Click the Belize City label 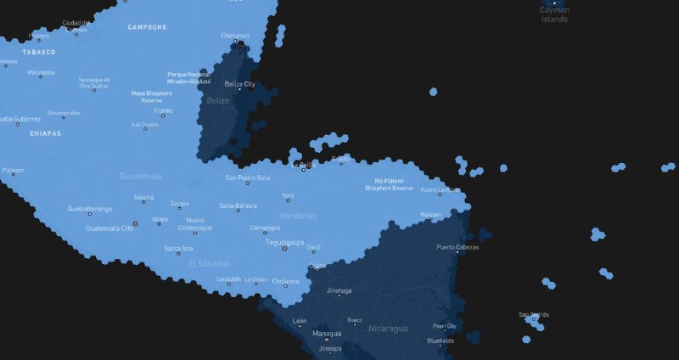239,84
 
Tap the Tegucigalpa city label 285,242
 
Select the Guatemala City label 109,228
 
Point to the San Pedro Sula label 247,178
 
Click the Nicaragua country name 388,328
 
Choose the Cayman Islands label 554,14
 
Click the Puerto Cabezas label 457,248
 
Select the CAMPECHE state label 147,27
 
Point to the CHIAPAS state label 45,133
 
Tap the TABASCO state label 39,52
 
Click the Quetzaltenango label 89,208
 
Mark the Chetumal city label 235,36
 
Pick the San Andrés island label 534,314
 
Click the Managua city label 327,334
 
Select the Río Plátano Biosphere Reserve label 393,184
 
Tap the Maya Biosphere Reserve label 152,96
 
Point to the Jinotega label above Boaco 339,290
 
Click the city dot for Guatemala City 136,223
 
